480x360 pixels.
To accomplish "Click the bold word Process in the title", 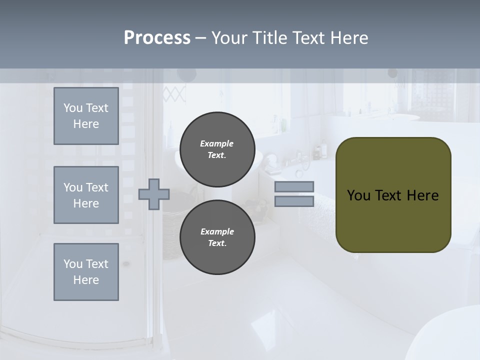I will pos(157,38).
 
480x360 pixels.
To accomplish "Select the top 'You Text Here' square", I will pos(86,116).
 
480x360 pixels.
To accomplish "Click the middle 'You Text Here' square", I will pos(86,195).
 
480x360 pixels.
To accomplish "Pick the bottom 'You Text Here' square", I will pos(86,271).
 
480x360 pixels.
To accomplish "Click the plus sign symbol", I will pos(154,194).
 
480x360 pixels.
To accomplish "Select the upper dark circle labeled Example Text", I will pos(217,149).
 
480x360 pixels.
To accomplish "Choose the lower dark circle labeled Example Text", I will pos(217,237).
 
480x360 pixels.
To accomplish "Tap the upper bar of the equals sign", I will pos(294,186).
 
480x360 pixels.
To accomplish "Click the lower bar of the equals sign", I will pos(294,201).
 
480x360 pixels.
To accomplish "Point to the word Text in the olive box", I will pos(388,195).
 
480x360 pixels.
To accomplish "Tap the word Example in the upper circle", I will pos(216,143).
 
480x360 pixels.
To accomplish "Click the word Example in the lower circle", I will pos(216,231).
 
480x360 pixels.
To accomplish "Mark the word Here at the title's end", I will pos(349,38).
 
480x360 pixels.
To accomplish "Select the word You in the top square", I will pos(72,108).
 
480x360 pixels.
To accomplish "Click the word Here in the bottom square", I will pos(86,280).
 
